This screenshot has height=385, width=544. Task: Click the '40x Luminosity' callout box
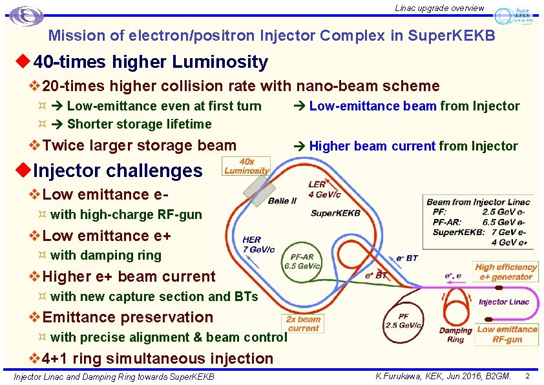click(x=246, y=166)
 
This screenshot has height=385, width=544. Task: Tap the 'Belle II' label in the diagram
click(x=282, y=201)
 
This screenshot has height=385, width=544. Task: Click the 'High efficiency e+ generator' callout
click(x=506, y=272)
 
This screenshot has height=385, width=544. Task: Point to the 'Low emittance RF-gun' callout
click(x=507, y=334)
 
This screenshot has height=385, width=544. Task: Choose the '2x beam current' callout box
click(x=304, y=324)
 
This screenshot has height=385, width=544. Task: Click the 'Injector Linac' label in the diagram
click(x=504, y=302)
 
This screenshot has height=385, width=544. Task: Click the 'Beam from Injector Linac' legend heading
click(x=478, y=202)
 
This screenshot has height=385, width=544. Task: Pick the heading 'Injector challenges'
click(x=118, y=171)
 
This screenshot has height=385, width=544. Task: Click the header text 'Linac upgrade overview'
click(x=439, y=8)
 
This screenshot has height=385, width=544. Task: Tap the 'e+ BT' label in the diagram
click(x=376, y=275)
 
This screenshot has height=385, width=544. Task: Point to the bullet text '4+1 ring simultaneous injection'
click(x=158, y=358)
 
